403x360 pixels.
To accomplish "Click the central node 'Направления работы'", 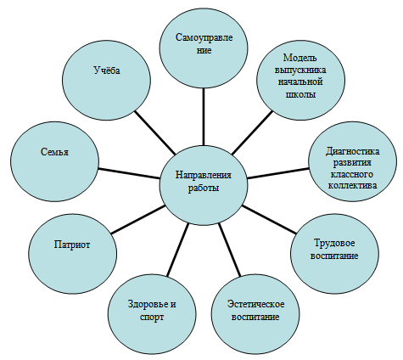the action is (x=204, y=186).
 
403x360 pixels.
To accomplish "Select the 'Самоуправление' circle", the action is (x=204, y=49).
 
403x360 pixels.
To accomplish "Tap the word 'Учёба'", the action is (x=107, y=70).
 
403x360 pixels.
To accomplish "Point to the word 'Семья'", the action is (x=55, y=152).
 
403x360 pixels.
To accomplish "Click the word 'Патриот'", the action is (x=72, y=245).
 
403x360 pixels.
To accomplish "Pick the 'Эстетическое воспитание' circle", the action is (x=255, y=312).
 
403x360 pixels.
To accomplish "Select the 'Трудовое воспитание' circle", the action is (x=334, y=254).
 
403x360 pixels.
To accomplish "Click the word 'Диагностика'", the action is (x=353, y=151).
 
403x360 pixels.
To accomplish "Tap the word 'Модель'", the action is (x=300, y=58).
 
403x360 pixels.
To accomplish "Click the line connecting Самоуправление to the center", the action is (x=204, y=117).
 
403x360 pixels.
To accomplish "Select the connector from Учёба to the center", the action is (x=154, y=132).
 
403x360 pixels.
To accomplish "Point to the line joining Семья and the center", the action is (x=129, y=173).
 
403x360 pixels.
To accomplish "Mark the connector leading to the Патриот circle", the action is (x=138, y=220).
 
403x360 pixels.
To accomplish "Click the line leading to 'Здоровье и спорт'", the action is (x=177, y=250).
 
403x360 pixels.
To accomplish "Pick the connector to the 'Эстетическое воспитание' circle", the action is (x=230, y=250).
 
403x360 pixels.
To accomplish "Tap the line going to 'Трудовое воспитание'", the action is (x=269, y=220).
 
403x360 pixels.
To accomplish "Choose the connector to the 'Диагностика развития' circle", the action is (x=278, y=173).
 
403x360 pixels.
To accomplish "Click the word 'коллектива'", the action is (x=353, y=185).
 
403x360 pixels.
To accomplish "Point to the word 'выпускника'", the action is (x=300, y=70).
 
